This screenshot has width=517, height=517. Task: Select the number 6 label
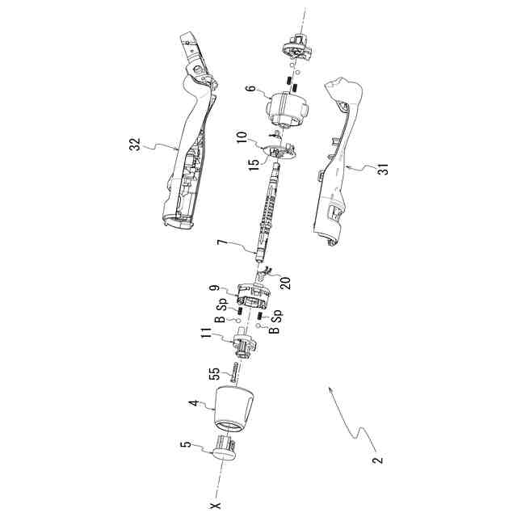pyautogui.click(x=250, y=91)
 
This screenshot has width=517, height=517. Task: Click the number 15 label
pyautogui.click(x=255, y=163)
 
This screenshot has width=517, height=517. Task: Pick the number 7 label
pyautogui.click(x=219, y=242)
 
